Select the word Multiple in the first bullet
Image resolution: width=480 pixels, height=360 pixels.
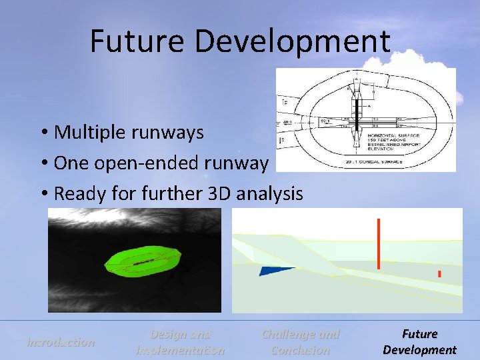click(84, 132)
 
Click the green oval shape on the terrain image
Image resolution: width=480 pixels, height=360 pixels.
click(143, 262)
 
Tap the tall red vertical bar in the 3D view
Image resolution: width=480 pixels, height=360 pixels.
click(379, 243)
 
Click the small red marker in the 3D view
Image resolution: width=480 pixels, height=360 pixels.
click(439, 274)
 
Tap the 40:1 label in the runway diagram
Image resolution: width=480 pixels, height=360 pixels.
click(287, 122)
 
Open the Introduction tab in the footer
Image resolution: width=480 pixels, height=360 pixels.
click(61, 343)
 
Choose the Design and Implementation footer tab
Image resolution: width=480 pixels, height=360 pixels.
click(180, 342)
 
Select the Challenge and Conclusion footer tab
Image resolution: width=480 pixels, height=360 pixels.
click(300, 342)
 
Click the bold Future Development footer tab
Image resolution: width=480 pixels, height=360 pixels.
click(419, 342)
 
